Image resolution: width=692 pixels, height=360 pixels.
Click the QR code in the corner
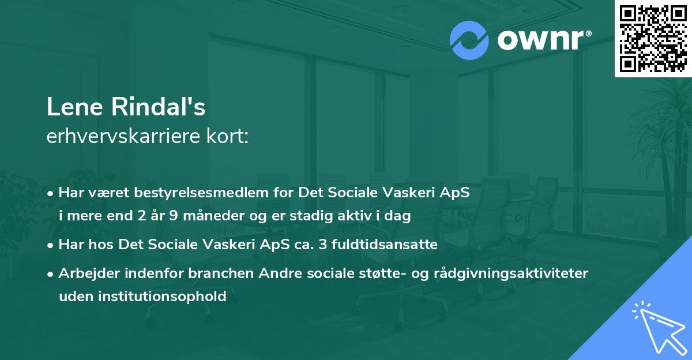point(653,38)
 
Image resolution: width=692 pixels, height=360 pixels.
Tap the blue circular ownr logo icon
point(469,40)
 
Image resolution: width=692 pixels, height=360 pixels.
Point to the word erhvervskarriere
point(121,136)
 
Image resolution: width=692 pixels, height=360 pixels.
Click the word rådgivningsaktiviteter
point(513,273)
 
